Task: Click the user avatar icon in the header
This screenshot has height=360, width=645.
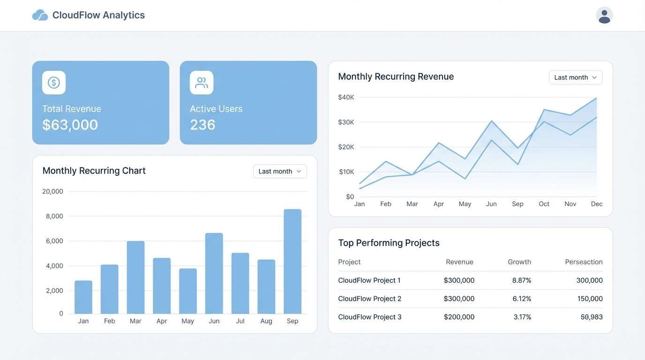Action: coord(604,15)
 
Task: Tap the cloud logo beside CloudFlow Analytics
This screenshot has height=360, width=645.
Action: coord(40,15)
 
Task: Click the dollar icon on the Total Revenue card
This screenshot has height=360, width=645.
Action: coord(54,83)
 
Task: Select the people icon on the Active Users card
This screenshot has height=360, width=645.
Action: coord(202,83)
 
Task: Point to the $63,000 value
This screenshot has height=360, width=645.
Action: coord(70,125)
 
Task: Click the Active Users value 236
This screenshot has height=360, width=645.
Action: coord(202,125)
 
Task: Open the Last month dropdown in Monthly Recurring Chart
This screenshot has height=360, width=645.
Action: coord(280,172)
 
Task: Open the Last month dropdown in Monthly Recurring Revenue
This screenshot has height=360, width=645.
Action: coord(576,77)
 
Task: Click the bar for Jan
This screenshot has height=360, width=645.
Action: coord(83,297)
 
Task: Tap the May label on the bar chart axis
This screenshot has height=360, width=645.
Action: coord(187,321)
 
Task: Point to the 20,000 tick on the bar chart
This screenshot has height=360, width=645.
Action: coord(52,191)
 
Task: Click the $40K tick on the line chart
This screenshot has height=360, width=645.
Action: coord(346,97)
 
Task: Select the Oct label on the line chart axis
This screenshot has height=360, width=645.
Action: coord(544,204)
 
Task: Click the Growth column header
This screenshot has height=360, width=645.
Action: coord(519,262)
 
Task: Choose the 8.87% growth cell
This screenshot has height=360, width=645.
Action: coord(522,280)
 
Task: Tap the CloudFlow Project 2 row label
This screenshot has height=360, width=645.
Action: coord(369,299)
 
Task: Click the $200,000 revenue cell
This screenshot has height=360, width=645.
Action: coord(459,317)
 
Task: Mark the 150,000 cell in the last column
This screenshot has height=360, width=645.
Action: coord(589,299)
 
